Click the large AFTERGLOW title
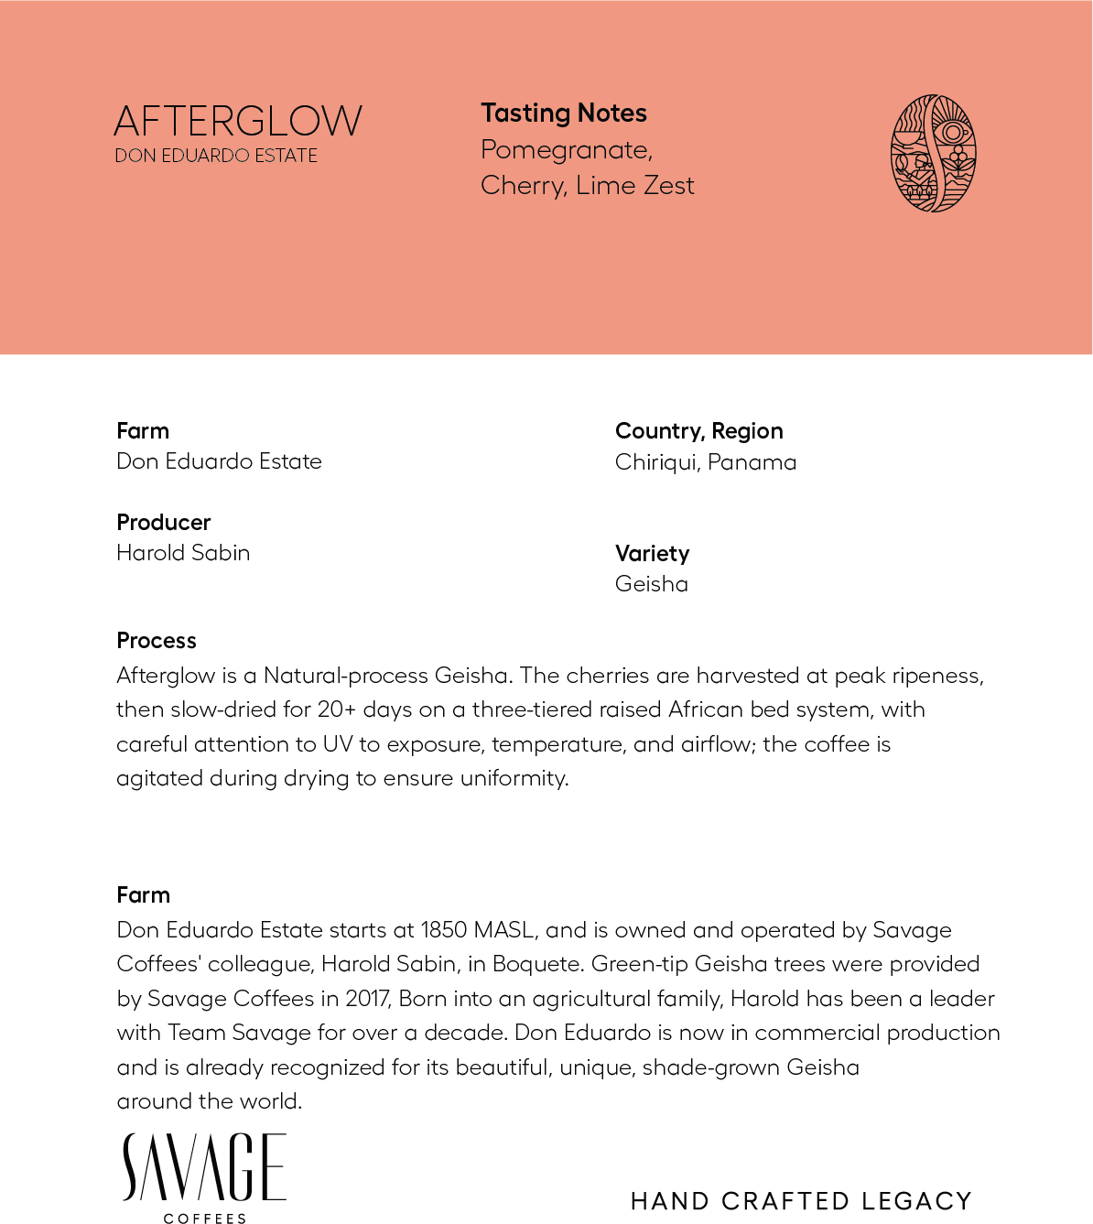pos(238,122)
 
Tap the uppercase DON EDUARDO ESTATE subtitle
pos(216,157)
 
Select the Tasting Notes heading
pos(564,114)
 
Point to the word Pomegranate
pos(566,150)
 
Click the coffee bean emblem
pos(933,154)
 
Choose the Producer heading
pos(164,523)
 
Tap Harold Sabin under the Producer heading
pos(183,553)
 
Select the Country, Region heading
pos(698,431)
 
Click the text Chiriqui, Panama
pos(705,462)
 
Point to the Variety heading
pos(652,554)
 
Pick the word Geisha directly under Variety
pos(651,584)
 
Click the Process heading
pos(157,641)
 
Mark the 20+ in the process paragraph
pos(337,710)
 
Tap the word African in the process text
pos(706,710)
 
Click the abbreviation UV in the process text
pos(338,744)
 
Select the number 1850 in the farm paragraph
pos(444,930)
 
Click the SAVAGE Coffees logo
pos(205,1175)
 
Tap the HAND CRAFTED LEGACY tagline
pos(801,1201)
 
